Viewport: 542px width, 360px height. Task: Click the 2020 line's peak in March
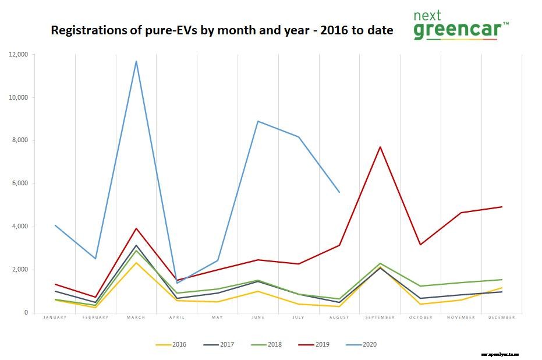tap(136, 61)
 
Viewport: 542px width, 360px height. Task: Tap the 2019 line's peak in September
tap(380, 147)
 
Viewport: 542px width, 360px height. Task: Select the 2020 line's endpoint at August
tap(339, 192)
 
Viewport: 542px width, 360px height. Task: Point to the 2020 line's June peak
tap(258, 121)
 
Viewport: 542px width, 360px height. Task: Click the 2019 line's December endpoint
tap(502, 207)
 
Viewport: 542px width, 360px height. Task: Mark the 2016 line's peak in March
tap(136, 263)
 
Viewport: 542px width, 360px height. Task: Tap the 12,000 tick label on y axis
tap(20, 54)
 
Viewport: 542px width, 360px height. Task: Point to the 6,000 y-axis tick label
tap(22, 183)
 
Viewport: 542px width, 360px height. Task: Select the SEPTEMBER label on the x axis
tap(380, 317)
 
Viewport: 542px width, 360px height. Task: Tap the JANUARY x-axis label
tap(55, 317)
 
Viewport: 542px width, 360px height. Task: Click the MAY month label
tap(217, 317)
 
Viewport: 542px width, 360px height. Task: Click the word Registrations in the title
tap(86, 31)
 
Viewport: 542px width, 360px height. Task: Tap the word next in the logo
tap(427, 15)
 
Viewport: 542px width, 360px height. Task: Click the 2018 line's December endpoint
tap(502, 280)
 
